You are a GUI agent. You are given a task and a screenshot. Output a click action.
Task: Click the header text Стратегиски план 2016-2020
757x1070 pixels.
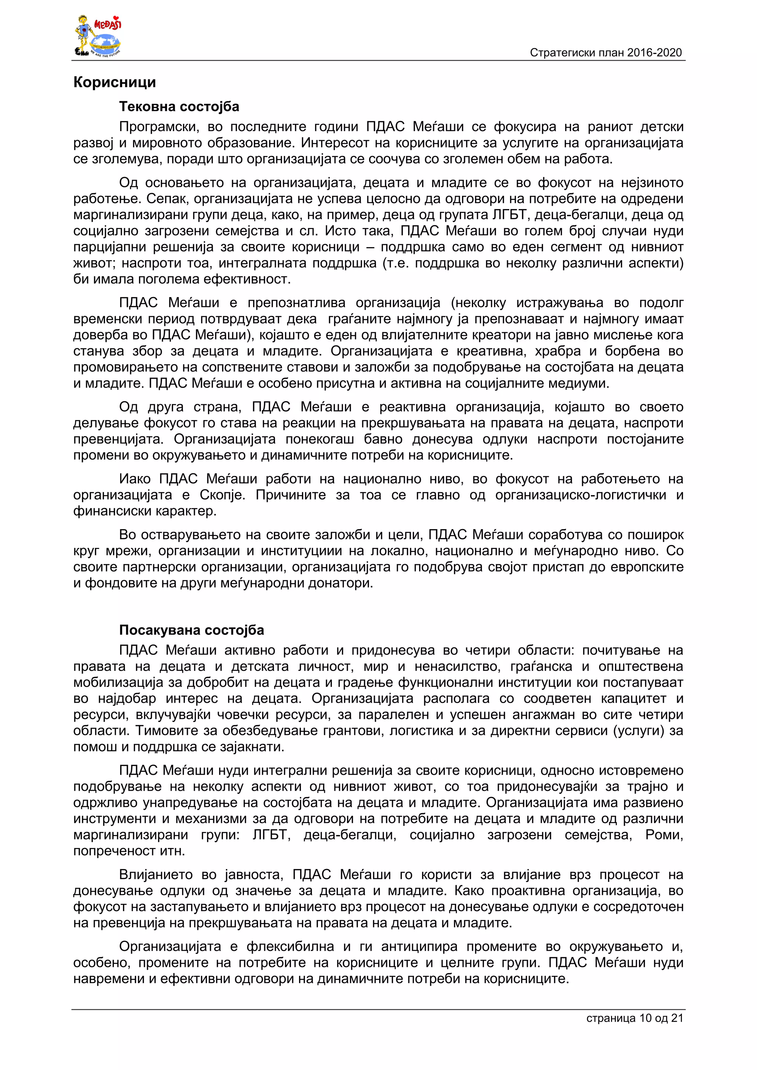605,53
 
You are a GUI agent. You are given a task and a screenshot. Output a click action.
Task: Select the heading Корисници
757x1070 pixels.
115,82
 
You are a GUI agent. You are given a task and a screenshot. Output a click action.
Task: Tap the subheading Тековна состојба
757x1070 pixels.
179,107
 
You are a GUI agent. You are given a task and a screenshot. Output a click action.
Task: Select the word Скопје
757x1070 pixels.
222,495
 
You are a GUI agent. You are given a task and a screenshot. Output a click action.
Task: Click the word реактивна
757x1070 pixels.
412,407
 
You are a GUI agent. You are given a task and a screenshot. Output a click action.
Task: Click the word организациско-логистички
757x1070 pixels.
580,495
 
